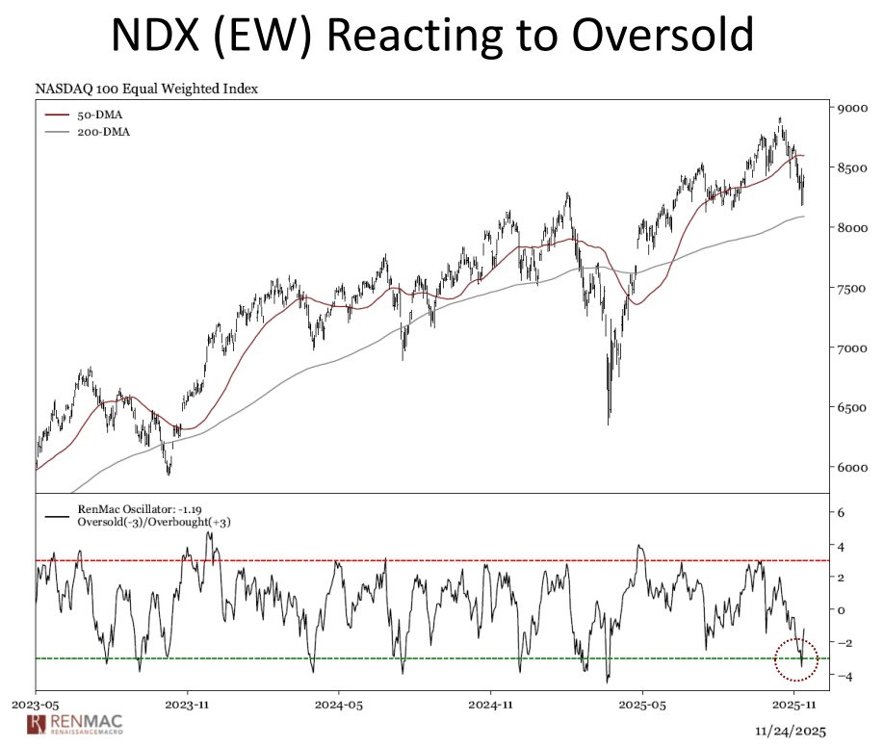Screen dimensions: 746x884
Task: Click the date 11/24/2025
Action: point(793,730)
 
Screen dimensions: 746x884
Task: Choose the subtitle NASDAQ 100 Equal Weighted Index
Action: point(146,89)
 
